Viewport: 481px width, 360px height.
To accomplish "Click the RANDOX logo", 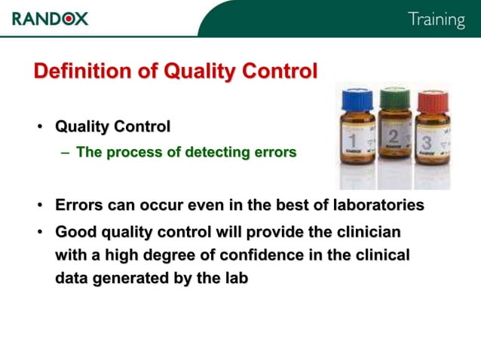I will [x=50, y=18].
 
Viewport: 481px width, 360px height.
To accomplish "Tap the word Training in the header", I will [x=437, y=19].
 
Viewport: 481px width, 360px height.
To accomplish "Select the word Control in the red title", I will [x=278, y=72].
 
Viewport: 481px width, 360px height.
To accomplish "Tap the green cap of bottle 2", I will [x=394, y=99].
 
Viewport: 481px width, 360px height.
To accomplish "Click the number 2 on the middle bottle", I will [x=393, y=138].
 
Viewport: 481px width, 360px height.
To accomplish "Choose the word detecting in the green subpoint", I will [x=209, y=153].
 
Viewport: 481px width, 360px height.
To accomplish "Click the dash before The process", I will [x=66, y=153].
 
